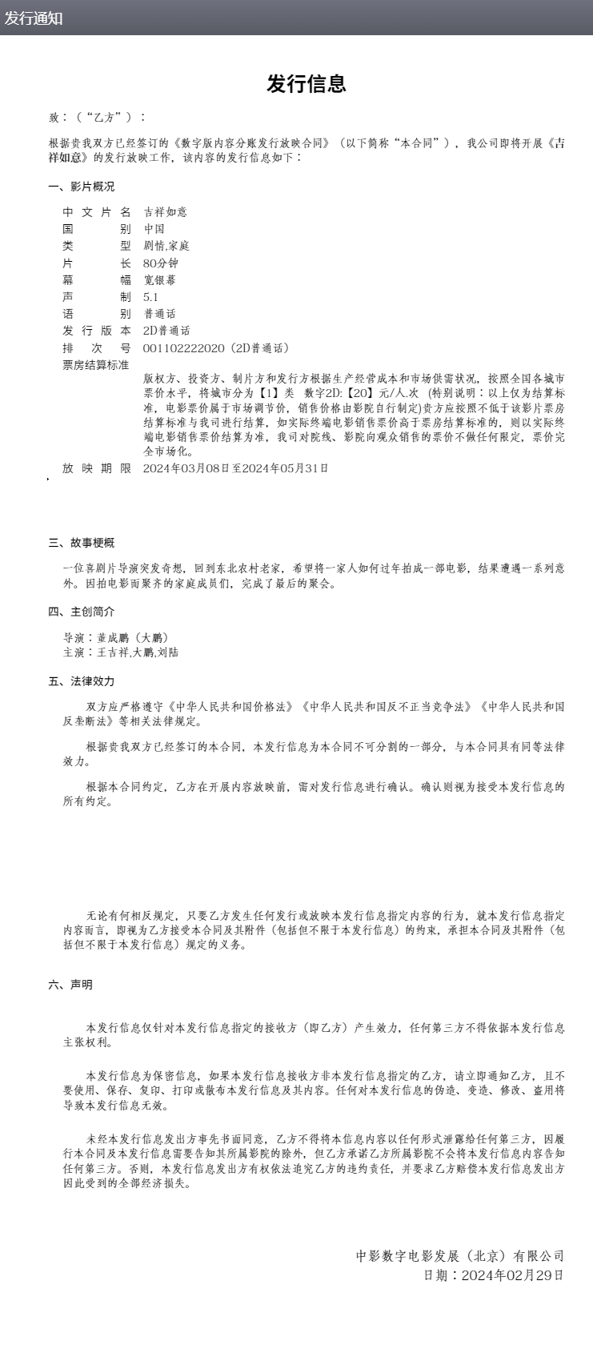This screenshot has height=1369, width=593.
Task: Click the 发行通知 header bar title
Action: click(x=34, y=18)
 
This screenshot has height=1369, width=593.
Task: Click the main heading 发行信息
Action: click(x=306, y=84)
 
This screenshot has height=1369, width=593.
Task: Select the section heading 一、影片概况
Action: click(x=81, y=187)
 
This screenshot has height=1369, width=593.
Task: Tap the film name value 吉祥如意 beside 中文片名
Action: click(x=165, y=212)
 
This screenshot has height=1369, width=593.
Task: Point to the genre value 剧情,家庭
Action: click(x=166, y=246)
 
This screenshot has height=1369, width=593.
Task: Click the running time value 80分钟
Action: click(x=161, y=263)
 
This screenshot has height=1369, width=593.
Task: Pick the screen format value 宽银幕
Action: click(x=159, y=280)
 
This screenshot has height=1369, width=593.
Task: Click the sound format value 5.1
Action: click(x=150, y=297)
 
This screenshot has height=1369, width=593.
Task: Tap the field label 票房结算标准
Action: click(x=96, y=365)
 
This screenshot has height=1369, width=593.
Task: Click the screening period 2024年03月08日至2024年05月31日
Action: click(x=235, y=468)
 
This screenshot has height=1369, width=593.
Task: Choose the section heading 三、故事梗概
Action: click(x=81, y=543)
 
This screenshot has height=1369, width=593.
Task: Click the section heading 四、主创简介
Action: click(x=81, y=612)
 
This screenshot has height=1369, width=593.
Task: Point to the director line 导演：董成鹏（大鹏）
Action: click(x=116, y=638)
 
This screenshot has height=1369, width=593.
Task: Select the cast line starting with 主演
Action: click(x=121, y=652)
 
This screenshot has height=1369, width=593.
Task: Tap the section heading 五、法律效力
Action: click(x=81, y=681)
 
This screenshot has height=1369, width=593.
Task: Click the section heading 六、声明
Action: click(x=70, y=985)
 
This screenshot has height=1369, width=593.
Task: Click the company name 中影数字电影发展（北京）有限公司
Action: click(x=460, y=1256)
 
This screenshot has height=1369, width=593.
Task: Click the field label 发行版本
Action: click(x=96, y=331)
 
